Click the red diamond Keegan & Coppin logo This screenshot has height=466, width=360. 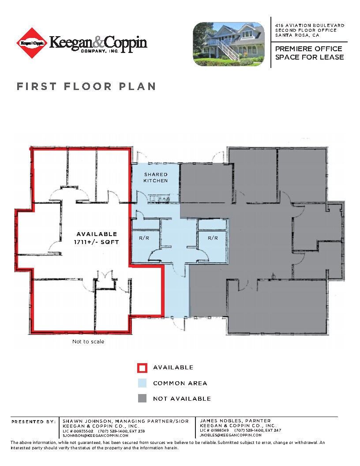click(x=32, y=43)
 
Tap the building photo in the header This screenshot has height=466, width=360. click(x=229, y=44)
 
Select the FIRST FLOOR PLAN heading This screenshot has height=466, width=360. click(x=86, y=86)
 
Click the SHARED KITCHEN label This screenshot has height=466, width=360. click(x=156, y=178)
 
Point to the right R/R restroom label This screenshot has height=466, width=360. click(x=213, y=238)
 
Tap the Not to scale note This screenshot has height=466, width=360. click(x=88, y=342)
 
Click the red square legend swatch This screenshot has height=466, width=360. click(x=142, y=368)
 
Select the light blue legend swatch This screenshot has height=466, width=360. click(x=142, y=383)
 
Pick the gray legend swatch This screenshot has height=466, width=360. click(x=142, y=398)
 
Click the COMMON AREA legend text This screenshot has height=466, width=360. click(x=180, y=383)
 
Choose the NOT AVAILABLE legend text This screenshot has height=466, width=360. click(x=182, y=399)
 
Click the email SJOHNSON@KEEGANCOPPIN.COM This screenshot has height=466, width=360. click(x=96, y=436)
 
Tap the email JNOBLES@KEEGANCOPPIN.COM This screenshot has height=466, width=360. click(x=231, y=435)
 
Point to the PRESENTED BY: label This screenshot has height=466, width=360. click(x=34, y=421)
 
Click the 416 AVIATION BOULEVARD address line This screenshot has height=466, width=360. click(x=310, y=26)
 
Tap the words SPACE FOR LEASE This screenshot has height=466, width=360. click(x=310, y=57)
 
